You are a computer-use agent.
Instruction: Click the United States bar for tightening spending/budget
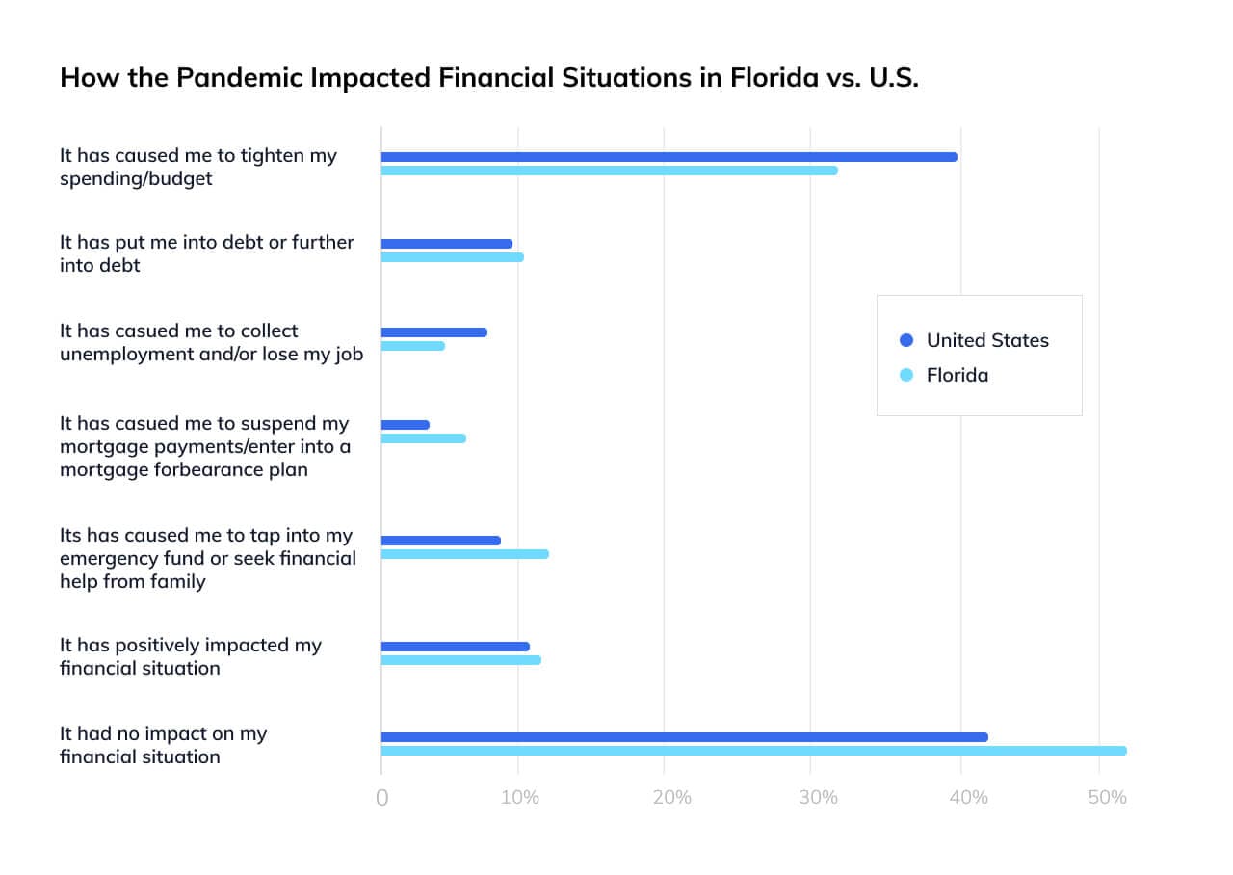[x=669, y=157]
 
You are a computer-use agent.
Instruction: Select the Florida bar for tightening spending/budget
[x=609, y=171]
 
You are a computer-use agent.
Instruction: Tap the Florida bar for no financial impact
[x=753, y=751]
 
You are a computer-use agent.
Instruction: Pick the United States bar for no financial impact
[x=684, y=737]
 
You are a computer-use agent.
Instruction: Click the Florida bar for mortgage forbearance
[x=424, y=438]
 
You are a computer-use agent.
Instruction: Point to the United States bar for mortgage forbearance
[x=406, y=425]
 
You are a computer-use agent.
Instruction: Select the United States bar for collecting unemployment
[x=434, y=332]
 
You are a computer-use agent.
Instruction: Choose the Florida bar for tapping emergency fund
[x=465, y=554]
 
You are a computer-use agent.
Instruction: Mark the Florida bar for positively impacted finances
[x=461, y=660]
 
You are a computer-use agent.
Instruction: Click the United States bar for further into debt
[x=447, y=244]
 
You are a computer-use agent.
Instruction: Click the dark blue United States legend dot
[x=905, y=340]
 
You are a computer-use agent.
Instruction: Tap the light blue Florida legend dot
[x=905, y=375]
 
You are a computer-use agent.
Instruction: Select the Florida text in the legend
[x=957, y=375]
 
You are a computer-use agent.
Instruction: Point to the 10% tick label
[x=520, y=798]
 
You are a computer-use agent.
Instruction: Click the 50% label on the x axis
[x=1107, y=798]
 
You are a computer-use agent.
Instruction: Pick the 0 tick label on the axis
[x=382, y=798]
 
